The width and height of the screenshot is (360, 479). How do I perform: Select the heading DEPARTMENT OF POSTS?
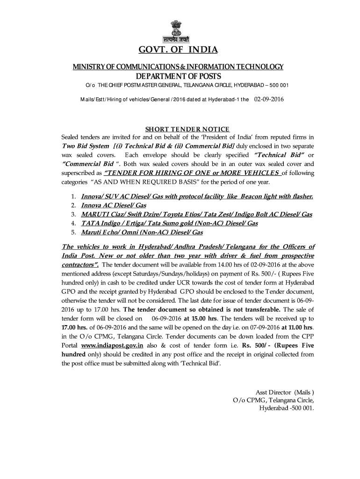(178, 76)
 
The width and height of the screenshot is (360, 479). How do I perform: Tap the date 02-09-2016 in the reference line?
(269, 100)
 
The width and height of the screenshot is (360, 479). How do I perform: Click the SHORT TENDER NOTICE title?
(187, 129)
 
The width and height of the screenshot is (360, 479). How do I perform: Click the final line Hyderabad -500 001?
(287, 407)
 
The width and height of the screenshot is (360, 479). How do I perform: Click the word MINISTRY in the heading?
(87, 67)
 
